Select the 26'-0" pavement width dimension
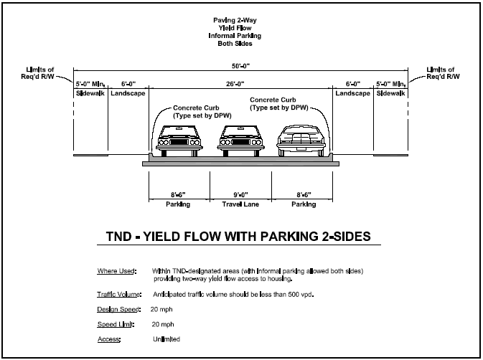click(241, 82)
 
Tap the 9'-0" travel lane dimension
click(240, 194)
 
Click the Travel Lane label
click(240, 204)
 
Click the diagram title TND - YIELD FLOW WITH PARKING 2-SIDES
click(241, 237)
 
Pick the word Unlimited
click(166, 338)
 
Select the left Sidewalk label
click(90, 94)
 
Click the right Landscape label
click(352, 94)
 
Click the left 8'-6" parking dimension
click(179, 194)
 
